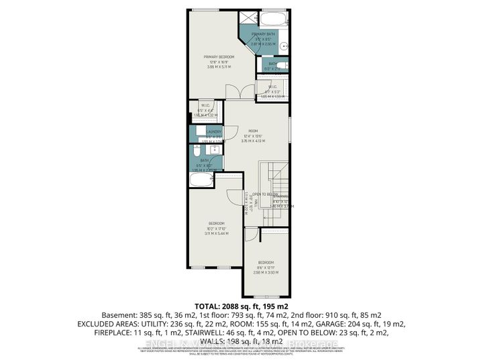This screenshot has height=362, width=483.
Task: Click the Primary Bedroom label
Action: pos(217,58)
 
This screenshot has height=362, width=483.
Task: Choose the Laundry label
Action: pos(214,132)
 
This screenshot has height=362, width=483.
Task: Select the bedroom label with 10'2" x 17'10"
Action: pos(217,223)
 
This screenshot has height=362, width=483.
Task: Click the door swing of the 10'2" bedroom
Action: pos(234,196)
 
